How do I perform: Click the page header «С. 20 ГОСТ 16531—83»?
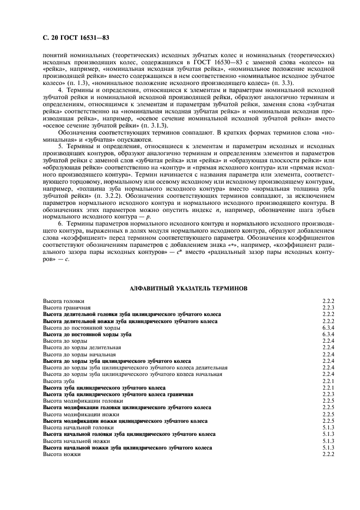(x=75, y=38)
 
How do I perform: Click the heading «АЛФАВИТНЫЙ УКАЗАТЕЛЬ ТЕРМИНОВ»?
(x=188, y=287)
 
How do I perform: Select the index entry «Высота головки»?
(x=64, y=301)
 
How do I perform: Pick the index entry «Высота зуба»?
(x=59, y=381)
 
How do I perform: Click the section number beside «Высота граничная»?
(x=328, y=308)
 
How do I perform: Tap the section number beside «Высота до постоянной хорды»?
(x=328, y=327)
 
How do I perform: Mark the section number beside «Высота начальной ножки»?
(x=328, y=441)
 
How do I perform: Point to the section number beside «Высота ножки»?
(x=328, y=454)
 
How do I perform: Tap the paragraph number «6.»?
(x=62, y=223)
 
